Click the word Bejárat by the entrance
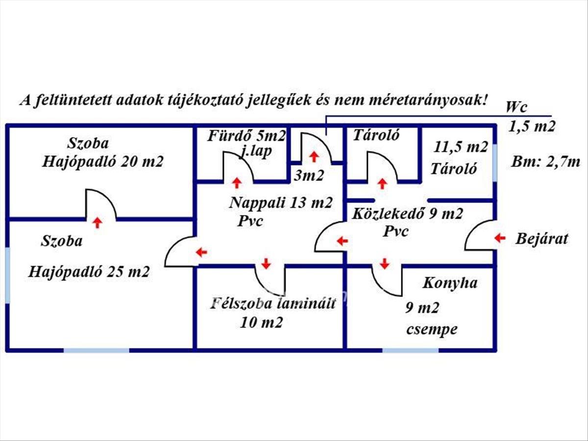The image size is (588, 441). click(x=541, y=239)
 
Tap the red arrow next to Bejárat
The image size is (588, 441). click(x=500, y=238)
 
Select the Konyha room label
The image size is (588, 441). click(x=450, y=283)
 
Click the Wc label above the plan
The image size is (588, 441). click(x=516, y=107)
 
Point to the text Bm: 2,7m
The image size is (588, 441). click(x=546, y=162)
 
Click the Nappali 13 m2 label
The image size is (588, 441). click(x=281, y=202)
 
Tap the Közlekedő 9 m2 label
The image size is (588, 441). click(x=408, y=214)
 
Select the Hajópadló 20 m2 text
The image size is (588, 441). click(x=102, y=162)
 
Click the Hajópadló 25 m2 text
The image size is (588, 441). click(x=89, y=271)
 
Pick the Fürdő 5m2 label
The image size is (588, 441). click(x=246, y=136)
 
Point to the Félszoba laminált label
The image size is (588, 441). click(x=272, y=304)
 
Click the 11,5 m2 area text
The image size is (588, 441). click(x=461, y=147)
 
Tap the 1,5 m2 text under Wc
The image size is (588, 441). click(x=532, y=126)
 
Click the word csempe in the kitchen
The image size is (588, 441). click(x=432, y=330)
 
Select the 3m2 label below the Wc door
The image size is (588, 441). click(x=309, y=175)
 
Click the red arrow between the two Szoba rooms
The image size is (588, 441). click(x=97, y=223)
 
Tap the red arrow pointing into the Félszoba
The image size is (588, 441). click(x=266, y=263)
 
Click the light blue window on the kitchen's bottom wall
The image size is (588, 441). click(x=410, y=351)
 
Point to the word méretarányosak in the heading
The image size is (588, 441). click(x=427, y=100)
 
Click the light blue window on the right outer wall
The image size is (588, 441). click(x=495, y=164)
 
